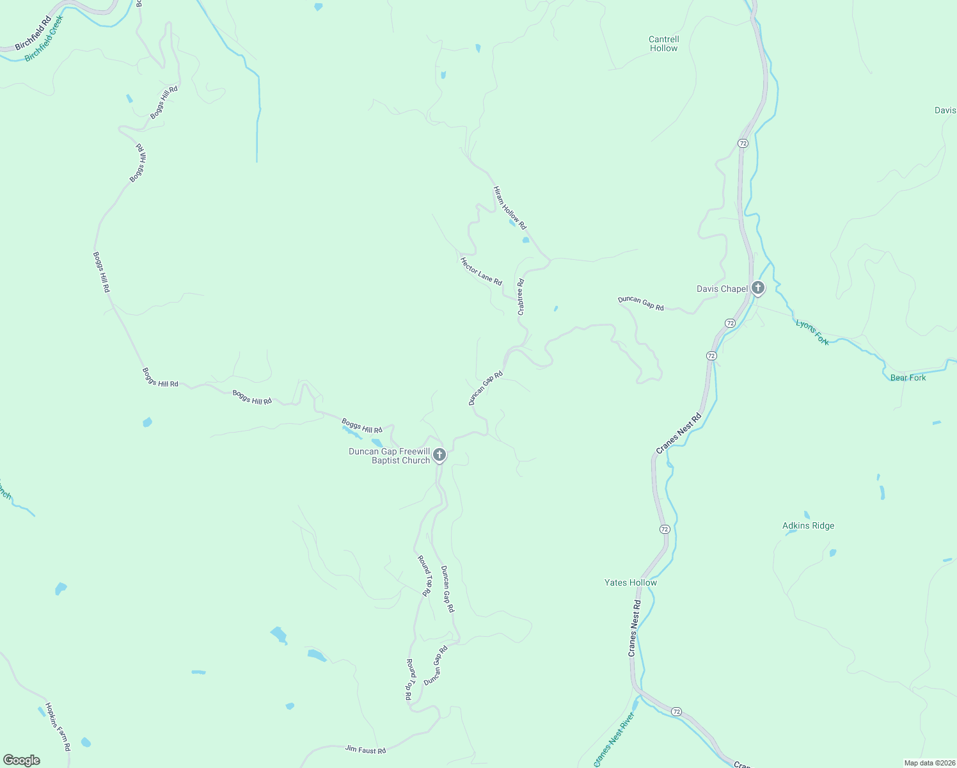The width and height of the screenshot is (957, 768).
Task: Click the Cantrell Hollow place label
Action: tap(663, 44)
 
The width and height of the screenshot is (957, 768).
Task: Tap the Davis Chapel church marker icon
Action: tap(758, 288)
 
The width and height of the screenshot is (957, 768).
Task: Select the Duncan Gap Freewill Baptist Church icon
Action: tap(439, 455)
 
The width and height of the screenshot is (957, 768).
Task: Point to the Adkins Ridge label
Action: tap(808, 525)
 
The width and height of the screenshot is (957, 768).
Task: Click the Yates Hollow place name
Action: tap(630, 582)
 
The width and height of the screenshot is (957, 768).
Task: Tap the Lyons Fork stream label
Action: tap(812, 332)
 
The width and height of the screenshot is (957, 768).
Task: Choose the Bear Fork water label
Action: tap(908, 378)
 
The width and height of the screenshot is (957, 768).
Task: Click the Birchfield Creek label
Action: tap(45, 39)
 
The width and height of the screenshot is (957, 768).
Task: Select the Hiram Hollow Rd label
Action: tap(509, 208)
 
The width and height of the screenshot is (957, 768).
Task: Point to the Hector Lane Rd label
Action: tap(481, 271)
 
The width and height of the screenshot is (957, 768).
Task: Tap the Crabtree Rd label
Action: tap(521, 296)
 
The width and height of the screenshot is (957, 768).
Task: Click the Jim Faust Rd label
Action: tap(365, 749)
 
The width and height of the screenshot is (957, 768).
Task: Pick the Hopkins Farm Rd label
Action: tap(58, 726)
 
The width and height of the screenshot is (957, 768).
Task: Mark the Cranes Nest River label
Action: tap(615, 739)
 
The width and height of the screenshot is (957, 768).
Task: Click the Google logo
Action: tap(22, 760)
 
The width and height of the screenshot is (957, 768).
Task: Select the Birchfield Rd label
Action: tap(33, 34)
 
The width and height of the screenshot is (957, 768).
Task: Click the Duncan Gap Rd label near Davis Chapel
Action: tap(640, 303)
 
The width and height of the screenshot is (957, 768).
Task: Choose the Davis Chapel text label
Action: tap(722, 289)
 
